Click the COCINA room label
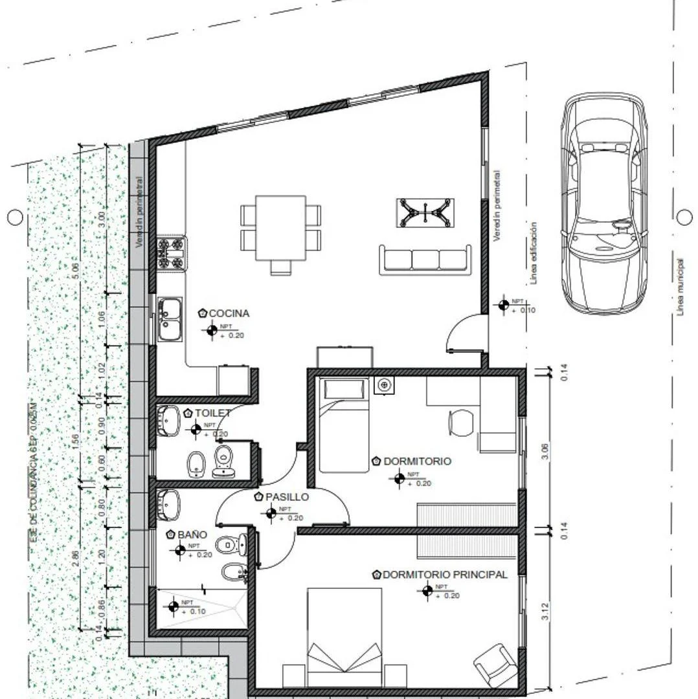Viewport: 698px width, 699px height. point(229,313)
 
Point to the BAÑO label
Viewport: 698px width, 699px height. point(192,535)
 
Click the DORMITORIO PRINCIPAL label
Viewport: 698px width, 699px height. point(445,575)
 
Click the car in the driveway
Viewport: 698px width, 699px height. point(603,202)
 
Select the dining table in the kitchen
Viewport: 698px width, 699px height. point(280,227)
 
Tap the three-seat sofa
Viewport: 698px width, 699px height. point(425,258)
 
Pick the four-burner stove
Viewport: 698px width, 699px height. point(172,252)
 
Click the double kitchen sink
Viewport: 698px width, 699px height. point(170,318)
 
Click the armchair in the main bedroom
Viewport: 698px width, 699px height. point(495,664)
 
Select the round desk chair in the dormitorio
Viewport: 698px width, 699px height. point(461,423)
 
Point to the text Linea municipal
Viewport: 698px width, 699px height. point(680,285)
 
